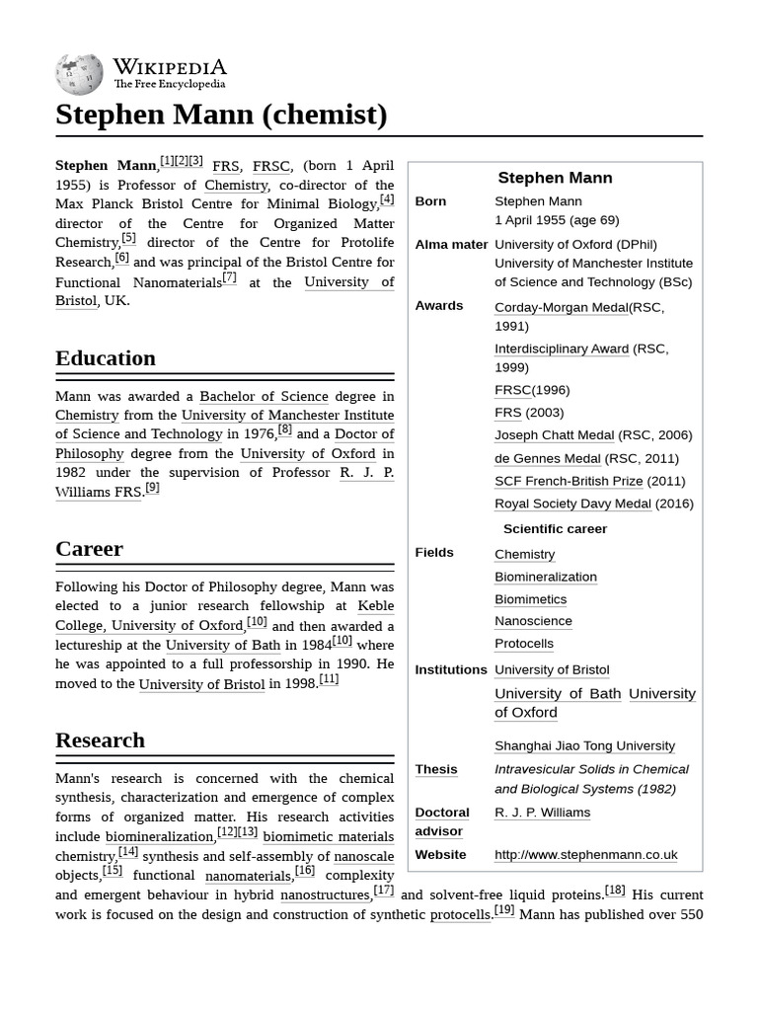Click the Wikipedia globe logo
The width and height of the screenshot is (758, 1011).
pyautogui.click(x=79, y=74)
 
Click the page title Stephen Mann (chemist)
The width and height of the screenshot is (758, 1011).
pyautogui.click(x=221, y=115)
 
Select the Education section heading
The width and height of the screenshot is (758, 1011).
pyautogui.click(x=106, y=357)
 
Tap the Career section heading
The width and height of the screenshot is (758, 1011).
pyautogui.click(x=89, y=548)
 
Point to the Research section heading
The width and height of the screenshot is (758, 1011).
pyautogui.click(x=100, y=739)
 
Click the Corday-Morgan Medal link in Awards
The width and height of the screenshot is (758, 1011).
pyautogui.click(x=561, y=307)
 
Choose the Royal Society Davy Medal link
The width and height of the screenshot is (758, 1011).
pyautogui.click(x=572, y=504)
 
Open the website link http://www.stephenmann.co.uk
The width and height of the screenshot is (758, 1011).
pyautogui.click(x=585, y=854)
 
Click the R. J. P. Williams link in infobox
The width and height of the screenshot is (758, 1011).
pyautogui.click(x=542, y=813)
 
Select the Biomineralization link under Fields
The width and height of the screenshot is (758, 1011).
pyautogui.click(x=545, y=577)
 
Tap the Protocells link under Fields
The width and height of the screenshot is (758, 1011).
pyautogui.click(x=523, y=644)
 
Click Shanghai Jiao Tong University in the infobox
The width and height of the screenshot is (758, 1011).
pyautogui.click(x=584, y=745)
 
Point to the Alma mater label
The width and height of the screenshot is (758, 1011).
pyautogui.click(x=451, y=244)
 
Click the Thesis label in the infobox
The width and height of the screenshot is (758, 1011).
pyautogui.click(x=435, y=769)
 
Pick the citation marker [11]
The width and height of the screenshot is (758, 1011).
pyautogui.click(x=329, y=679)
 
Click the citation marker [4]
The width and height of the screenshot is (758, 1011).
pyautogui.click(x=387, y=199)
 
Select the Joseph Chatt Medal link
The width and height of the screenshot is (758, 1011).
pyautogui.click(x=554, y=435)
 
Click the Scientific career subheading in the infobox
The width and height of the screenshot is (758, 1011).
pyautogui.click(x=555, y=528)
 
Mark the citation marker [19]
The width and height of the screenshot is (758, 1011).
pyautogui.click(x=503, y=910)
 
